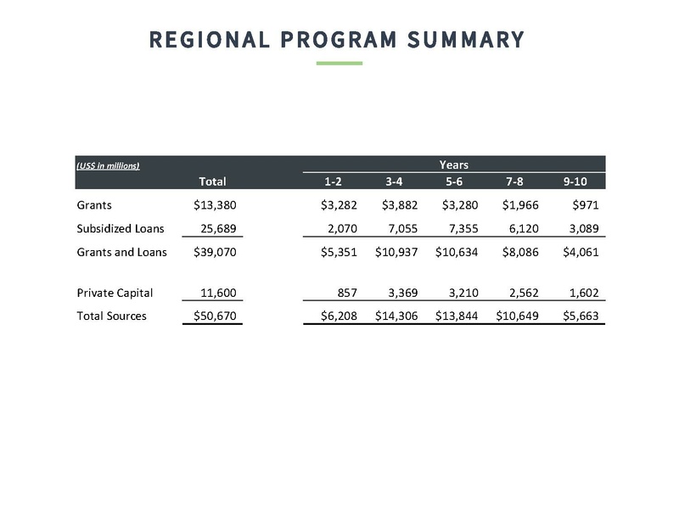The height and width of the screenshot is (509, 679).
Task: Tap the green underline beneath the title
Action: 339,63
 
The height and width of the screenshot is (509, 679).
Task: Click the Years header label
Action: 454,164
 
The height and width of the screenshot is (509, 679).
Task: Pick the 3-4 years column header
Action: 394,181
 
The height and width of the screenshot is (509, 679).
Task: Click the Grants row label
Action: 94,205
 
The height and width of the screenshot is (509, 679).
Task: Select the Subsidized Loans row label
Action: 120,228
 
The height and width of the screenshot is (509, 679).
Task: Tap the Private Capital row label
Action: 115,293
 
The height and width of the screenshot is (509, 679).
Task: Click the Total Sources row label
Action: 111,316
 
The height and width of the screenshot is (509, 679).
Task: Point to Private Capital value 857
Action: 345,293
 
